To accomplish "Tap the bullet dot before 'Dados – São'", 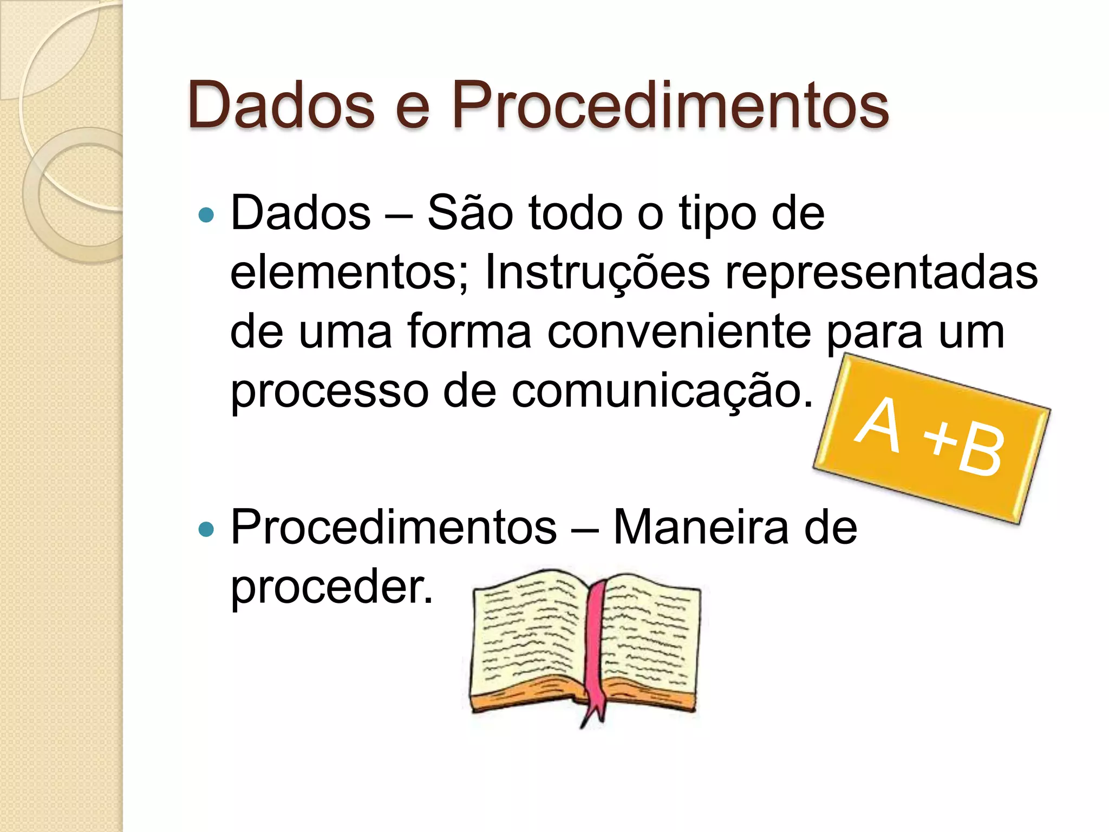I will [206, 215].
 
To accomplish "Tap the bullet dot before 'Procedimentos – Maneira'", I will [206, 529].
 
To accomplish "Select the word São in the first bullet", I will [470, 213].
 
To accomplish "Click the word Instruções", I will [597, 272].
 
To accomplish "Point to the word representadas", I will [882, 272].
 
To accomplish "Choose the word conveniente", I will [679, 331].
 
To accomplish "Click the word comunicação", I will [662, 391].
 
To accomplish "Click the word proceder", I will [331, 587].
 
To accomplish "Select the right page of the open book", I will [650, 639].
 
